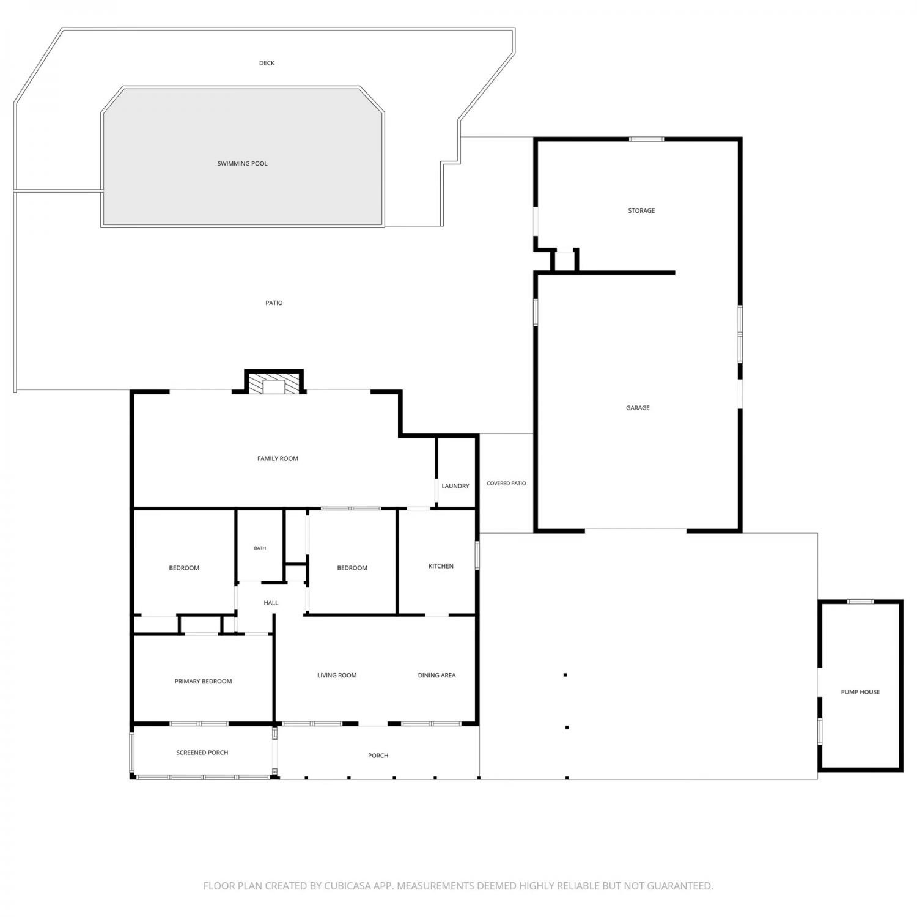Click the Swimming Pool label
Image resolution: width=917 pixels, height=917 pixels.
[x=243, y=164]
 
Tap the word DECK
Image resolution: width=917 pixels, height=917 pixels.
[x=267, y=63]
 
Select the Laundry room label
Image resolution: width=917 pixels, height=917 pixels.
[x=455, y=486]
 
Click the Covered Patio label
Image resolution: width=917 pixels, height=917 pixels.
[x=506, y=484]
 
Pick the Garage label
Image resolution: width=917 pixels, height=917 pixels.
[x=638, y=408]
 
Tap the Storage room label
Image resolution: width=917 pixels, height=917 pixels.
[x=641, y=211]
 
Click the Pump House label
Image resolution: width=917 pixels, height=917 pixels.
[x=860, y=692]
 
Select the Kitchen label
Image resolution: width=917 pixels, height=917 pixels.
[x=441, y=566]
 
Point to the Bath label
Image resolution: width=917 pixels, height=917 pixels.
[x=260, y=548]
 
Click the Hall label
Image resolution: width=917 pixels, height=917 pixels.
[x=271, y=603]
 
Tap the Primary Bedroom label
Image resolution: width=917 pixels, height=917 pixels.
[x=203, y=682]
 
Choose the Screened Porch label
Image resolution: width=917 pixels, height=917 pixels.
[x=202, y=753]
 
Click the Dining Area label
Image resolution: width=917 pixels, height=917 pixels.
[x=436, y=676]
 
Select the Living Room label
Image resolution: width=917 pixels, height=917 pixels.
[x=337, y=676]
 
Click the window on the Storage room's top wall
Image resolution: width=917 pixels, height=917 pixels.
[x=647, y=139]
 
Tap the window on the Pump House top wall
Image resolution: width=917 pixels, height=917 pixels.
[x=860, y=602]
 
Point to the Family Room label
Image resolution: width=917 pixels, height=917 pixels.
[x=278, y=458]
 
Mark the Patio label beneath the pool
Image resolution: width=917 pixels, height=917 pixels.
[x=274, y=303]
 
